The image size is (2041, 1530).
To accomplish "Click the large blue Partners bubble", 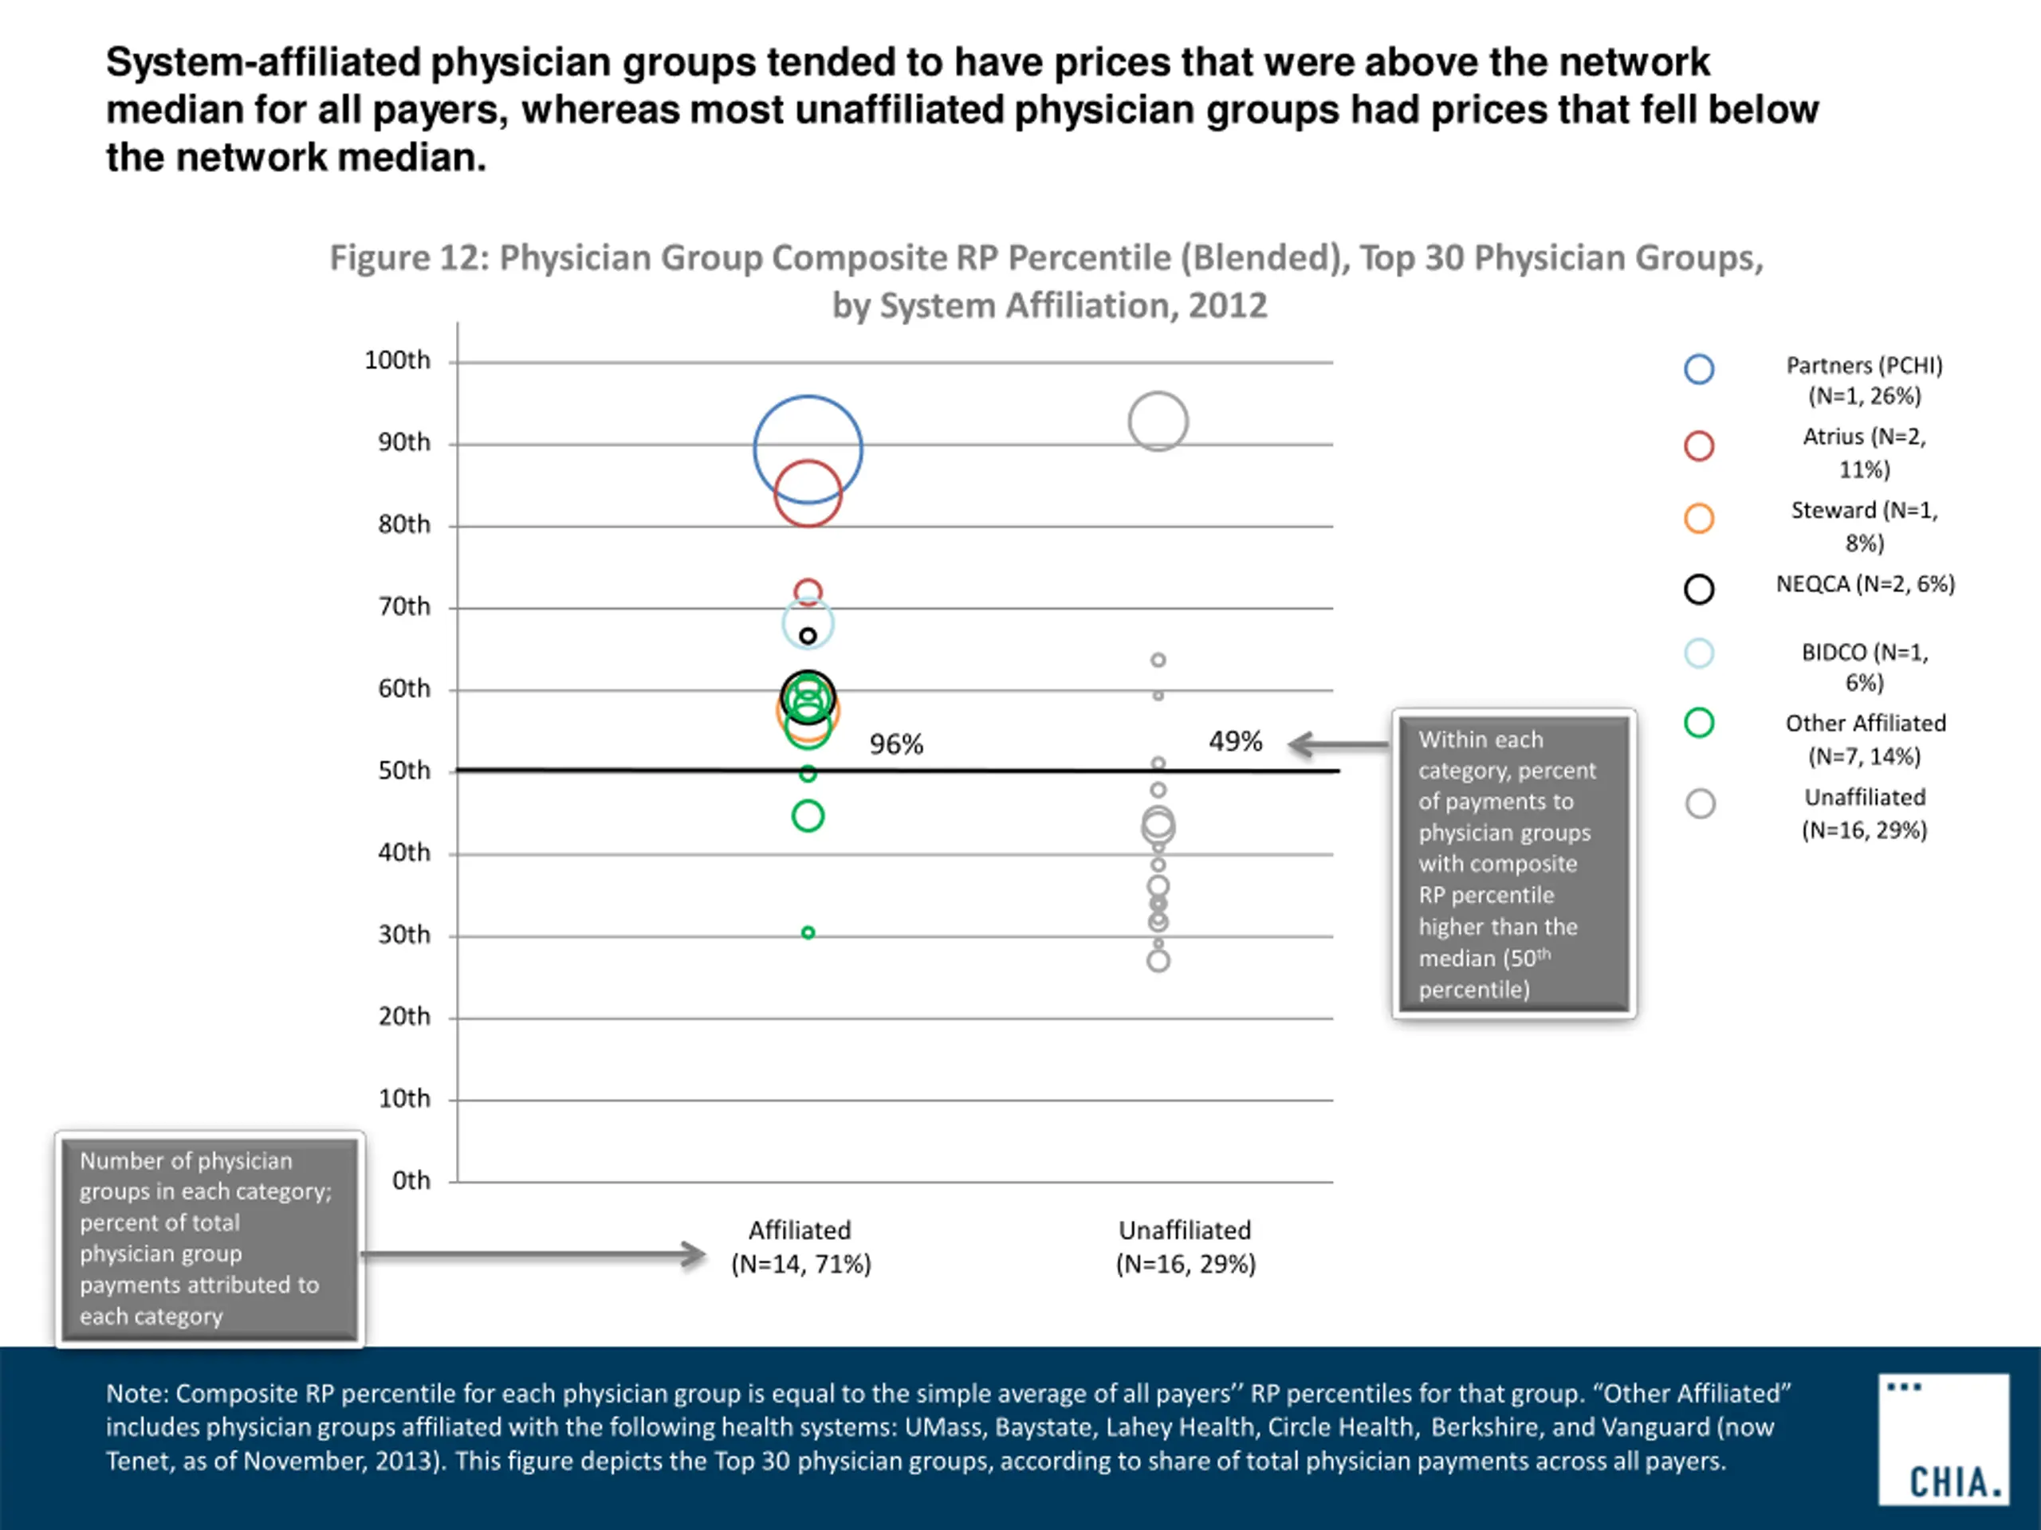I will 808,449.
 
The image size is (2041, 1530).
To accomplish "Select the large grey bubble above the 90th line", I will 1158,422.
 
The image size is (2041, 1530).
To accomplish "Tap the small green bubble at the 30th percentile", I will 808,932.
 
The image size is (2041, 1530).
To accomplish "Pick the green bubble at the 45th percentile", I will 808,815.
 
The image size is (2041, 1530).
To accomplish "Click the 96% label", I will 896,744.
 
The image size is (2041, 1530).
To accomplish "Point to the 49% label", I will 1236,741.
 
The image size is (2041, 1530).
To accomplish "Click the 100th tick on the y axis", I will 397,361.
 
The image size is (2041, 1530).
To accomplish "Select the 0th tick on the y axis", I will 411,1180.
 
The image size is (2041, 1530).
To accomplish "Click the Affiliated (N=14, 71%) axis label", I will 800,1247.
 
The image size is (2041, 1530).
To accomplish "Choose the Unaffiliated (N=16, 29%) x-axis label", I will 1186,1247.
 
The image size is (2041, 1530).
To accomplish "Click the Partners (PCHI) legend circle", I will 1699,369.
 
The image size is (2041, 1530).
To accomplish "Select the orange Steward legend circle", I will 1699,518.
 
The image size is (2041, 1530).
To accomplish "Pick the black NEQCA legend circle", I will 1699,590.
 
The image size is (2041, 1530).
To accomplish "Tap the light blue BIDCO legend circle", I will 1699,653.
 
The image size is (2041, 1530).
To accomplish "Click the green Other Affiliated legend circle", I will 1699,722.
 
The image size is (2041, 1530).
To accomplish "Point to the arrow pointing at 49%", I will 1339,744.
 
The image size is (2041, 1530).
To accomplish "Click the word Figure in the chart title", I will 379,258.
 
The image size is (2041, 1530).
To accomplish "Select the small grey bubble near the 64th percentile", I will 1158,661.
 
